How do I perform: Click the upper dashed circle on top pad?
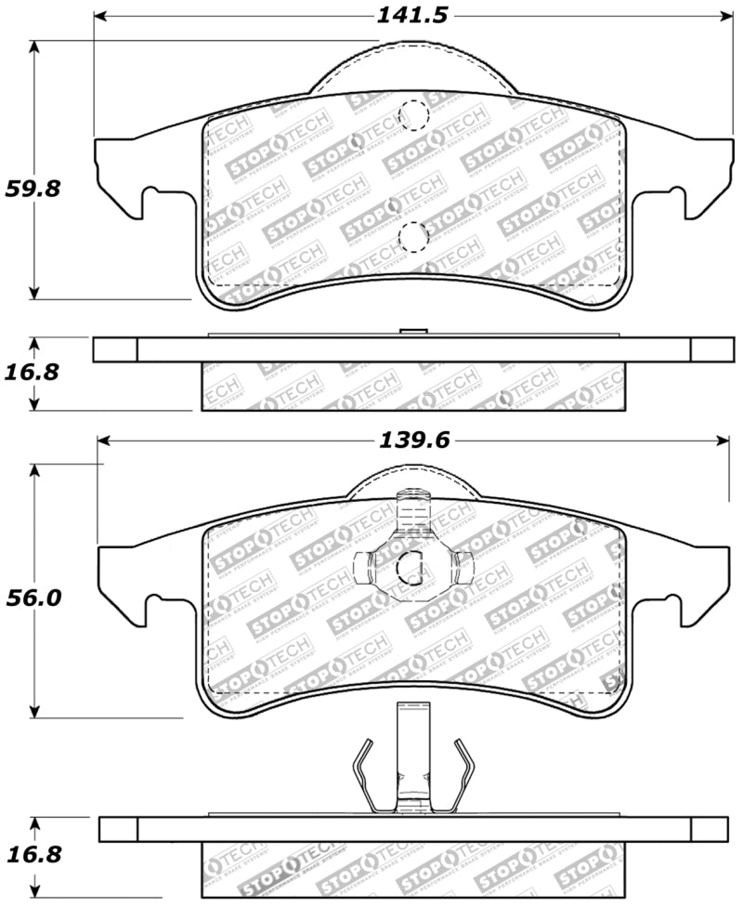click(x=411, y=116)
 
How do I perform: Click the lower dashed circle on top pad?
click(x=411, y=236)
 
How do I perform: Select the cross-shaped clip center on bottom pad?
click(x=411, y=563)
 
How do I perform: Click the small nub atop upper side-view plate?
click(x=411, y=331)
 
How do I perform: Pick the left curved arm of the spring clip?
click(x=364, y=770)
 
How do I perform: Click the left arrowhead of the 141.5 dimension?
click(x=100, y=16)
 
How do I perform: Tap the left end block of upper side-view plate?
click(x=115, y=349)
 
